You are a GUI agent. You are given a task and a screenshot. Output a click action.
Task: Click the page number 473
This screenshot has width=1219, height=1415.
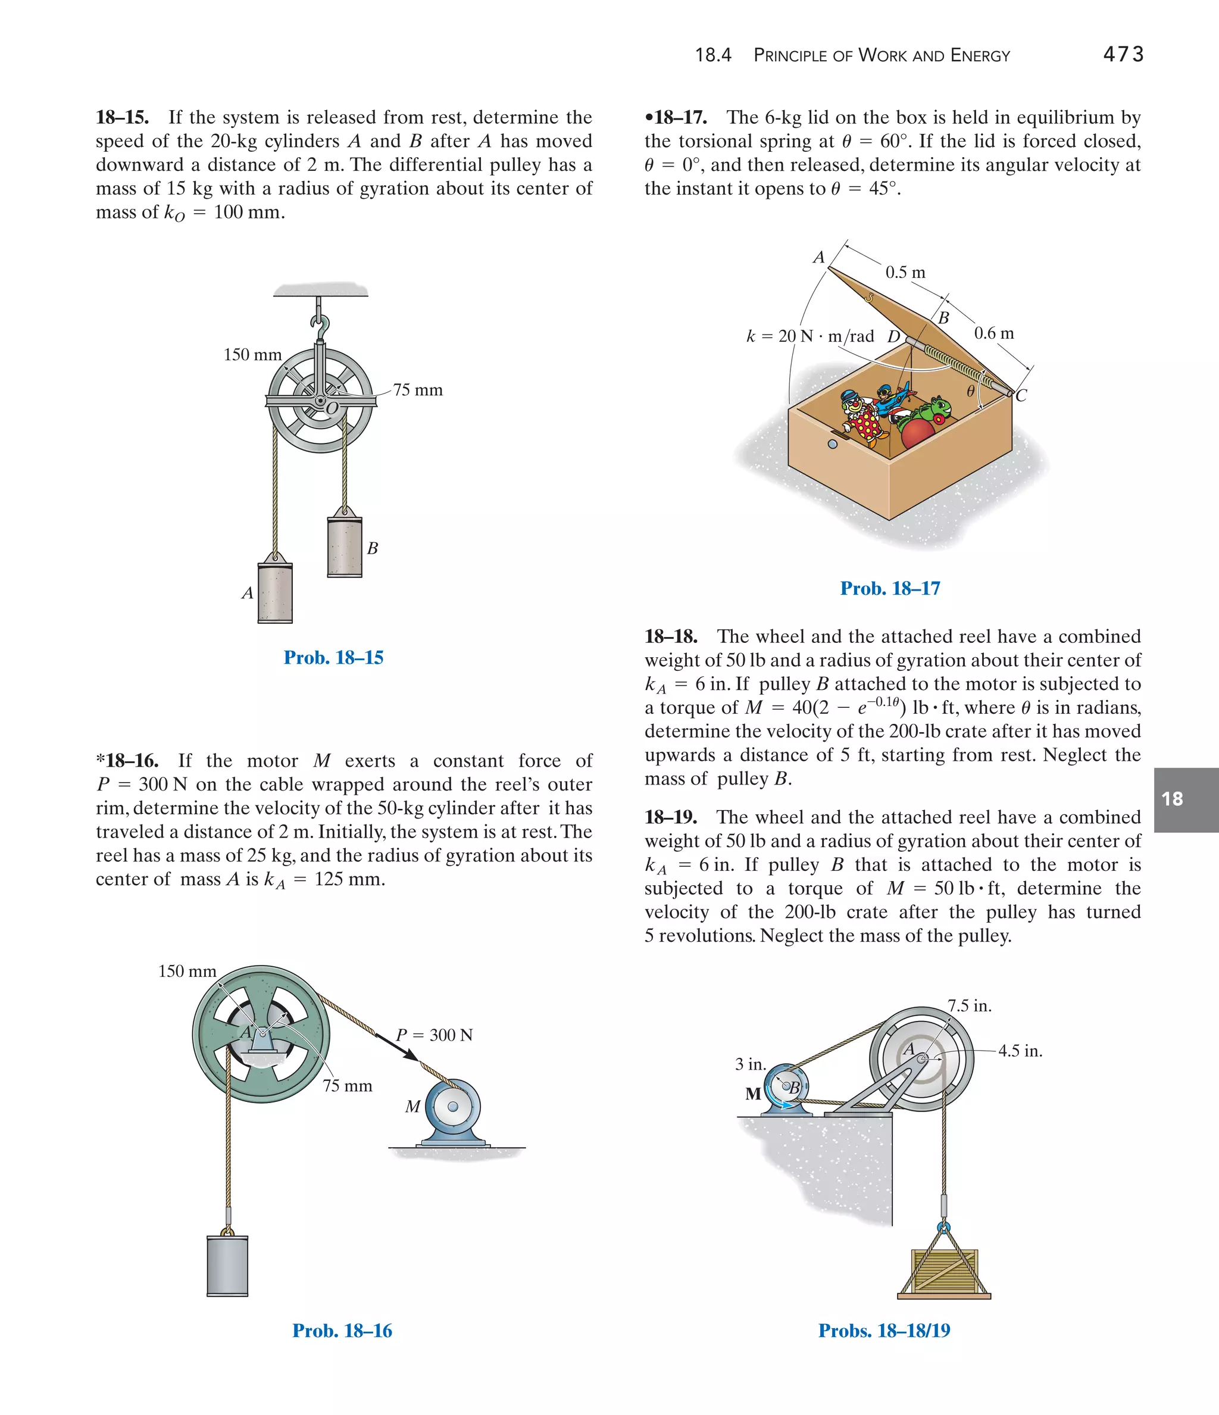coord(1123,55)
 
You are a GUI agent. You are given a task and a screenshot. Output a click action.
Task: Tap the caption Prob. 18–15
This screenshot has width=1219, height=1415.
coord(333,658)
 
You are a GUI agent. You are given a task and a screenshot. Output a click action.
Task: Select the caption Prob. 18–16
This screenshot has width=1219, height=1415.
coord(342,1330)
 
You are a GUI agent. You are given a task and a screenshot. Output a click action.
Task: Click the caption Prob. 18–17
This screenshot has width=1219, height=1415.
coord(890,588)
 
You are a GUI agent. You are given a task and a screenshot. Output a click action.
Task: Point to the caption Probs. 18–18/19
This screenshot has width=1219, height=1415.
coord(884,1330)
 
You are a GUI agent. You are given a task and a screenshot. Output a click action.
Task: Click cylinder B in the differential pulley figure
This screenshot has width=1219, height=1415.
coord(344,547)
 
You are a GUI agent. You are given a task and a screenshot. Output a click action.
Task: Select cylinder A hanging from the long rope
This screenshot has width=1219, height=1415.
coord(274,593)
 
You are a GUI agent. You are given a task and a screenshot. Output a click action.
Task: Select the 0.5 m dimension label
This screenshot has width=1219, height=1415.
coord(905,273)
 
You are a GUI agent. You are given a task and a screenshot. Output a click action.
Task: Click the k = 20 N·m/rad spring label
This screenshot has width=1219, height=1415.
coord(810,336)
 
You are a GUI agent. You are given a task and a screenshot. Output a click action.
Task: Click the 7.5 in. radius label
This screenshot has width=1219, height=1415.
coord(969,1006)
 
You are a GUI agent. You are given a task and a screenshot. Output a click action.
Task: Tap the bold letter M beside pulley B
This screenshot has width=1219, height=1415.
coord(752,1094)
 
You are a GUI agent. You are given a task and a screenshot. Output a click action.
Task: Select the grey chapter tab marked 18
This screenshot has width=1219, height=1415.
coord(1186,799)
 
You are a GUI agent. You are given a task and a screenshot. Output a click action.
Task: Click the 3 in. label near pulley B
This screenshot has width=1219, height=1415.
coord(750,1064)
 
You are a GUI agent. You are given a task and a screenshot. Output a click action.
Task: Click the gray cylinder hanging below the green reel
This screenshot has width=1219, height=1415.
coord(227,1265)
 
